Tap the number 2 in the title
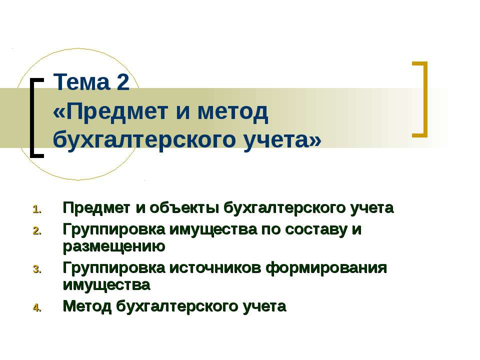123,83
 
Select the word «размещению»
114,246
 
